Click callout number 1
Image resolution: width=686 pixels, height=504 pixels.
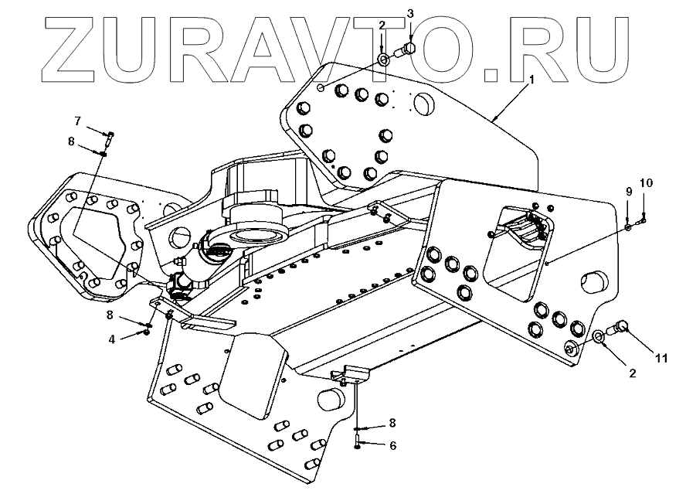[531, 80]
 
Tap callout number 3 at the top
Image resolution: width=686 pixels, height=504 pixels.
[410, 14]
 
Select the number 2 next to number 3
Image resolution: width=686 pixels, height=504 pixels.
[382, 26]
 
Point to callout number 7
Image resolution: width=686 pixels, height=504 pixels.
[77, 121]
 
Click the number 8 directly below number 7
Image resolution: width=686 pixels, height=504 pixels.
[71, 141]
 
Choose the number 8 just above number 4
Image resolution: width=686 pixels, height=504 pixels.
[111, 315]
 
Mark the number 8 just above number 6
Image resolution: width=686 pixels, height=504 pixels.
[392, 423]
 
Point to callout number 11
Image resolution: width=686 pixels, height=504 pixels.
[661, 357]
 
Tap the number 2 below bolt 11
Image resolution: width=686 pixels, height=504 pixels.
[632, 373]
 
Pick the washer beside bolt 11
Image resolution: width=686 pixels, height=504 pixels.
[599, 337]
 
